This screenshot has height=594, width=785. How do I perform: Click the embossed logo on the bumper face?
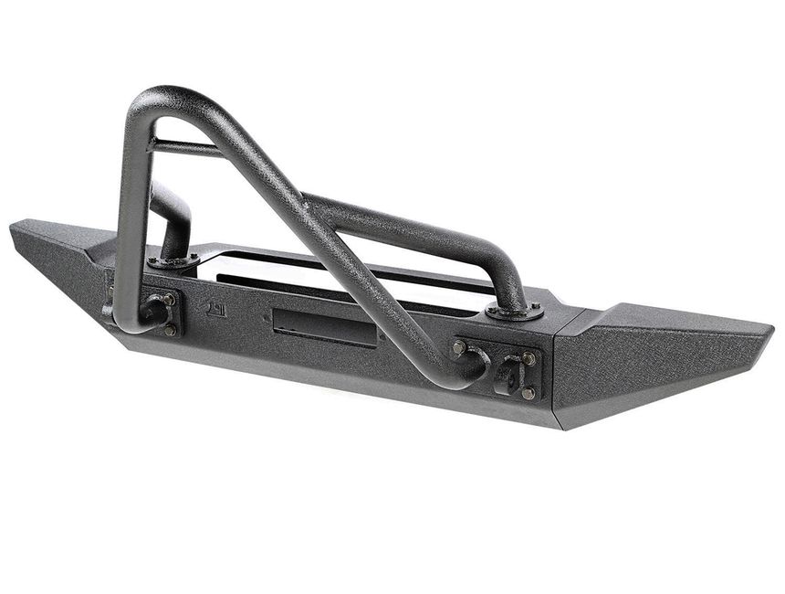point(216,308)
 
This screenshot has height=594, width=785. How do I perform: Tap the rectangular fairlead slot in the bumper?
point(324,327)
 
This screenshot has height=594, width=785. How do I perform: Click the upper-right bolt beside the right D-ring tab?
point(529,358)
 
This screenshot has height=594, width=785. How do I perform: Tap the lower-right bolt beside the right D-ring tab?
point(529,393)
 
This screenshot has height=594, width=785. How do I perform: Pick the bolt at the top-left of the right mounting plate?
point(459,347)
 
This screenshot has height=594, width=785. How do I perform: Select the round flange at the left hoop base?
point(173,262)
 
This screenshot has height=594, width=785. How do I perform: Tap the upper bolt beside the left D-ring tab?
point(169,299)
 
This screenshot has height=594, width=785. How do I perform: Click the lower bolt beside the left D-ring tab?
point(170,329)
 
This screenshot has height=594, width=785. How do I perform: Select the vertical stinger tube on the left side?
point(128,228)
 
